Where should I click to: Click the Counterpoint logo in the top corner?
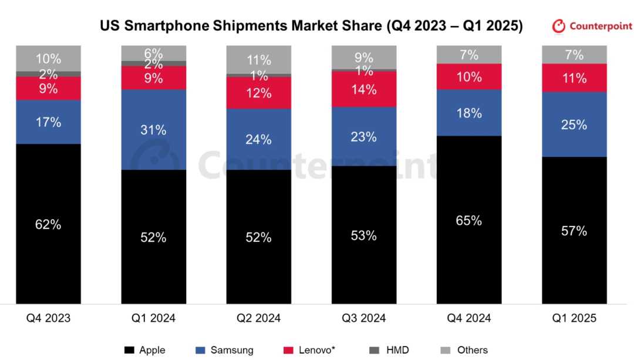591,26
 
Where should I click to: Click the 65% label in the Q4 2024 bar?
469,221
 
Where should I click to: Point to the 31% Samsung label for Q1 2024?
153,130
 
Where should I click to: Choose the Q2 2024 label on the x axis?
259,318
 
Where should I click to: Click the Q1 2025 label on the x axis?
574,318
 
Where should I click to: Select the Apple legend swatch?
129,350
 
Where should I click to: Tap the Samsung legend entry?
232,350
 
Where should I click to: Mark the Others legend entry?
472,350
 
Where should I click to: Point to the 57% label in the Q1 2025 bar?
574,231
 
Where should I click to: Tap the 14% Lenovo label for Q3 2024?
363,90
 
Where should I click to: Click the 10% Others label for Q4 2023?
48,59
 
